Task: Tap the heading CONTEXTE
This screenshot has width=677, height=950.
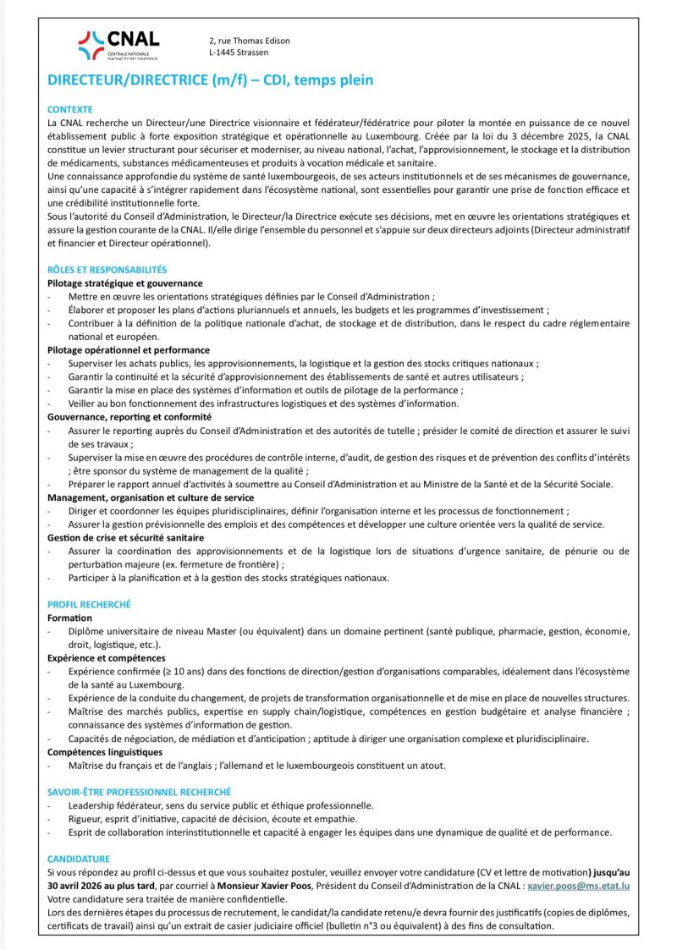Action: pyautogui.click(x=69, y=110)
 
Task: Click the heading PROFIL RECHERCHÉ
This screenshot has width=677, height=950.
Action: pyautogui.click(x=89, y=605)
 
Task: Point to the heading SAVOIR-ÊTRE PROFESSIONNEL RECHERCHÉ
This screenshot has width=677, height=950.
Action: pyautogui.click(x=139, y=792)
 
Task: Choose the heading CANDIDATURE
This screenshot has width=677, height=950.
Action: pyautogui.click(x=79, y=858)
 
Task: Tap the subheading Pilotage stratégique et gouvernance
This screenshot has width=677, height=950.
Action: pyautogui.click(x=124, y=283)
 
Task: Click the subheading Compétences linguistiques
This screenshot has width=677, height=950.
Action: pyautogui.click(x=104, y=751)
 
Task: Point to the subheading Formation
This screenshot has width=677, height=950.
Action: pyautogui.click(x=69, y=618)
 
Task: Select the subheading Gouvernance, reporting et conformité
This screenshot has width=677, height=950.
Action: pyautogui.click(x=129, y=417)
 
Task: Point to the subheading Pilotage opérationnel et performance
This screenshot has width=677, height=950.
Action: pyautogui.click(x=128, y=349)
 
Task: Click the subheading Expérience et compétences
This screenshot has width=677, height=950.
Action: pyautogui.click(x=106, y=657)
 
